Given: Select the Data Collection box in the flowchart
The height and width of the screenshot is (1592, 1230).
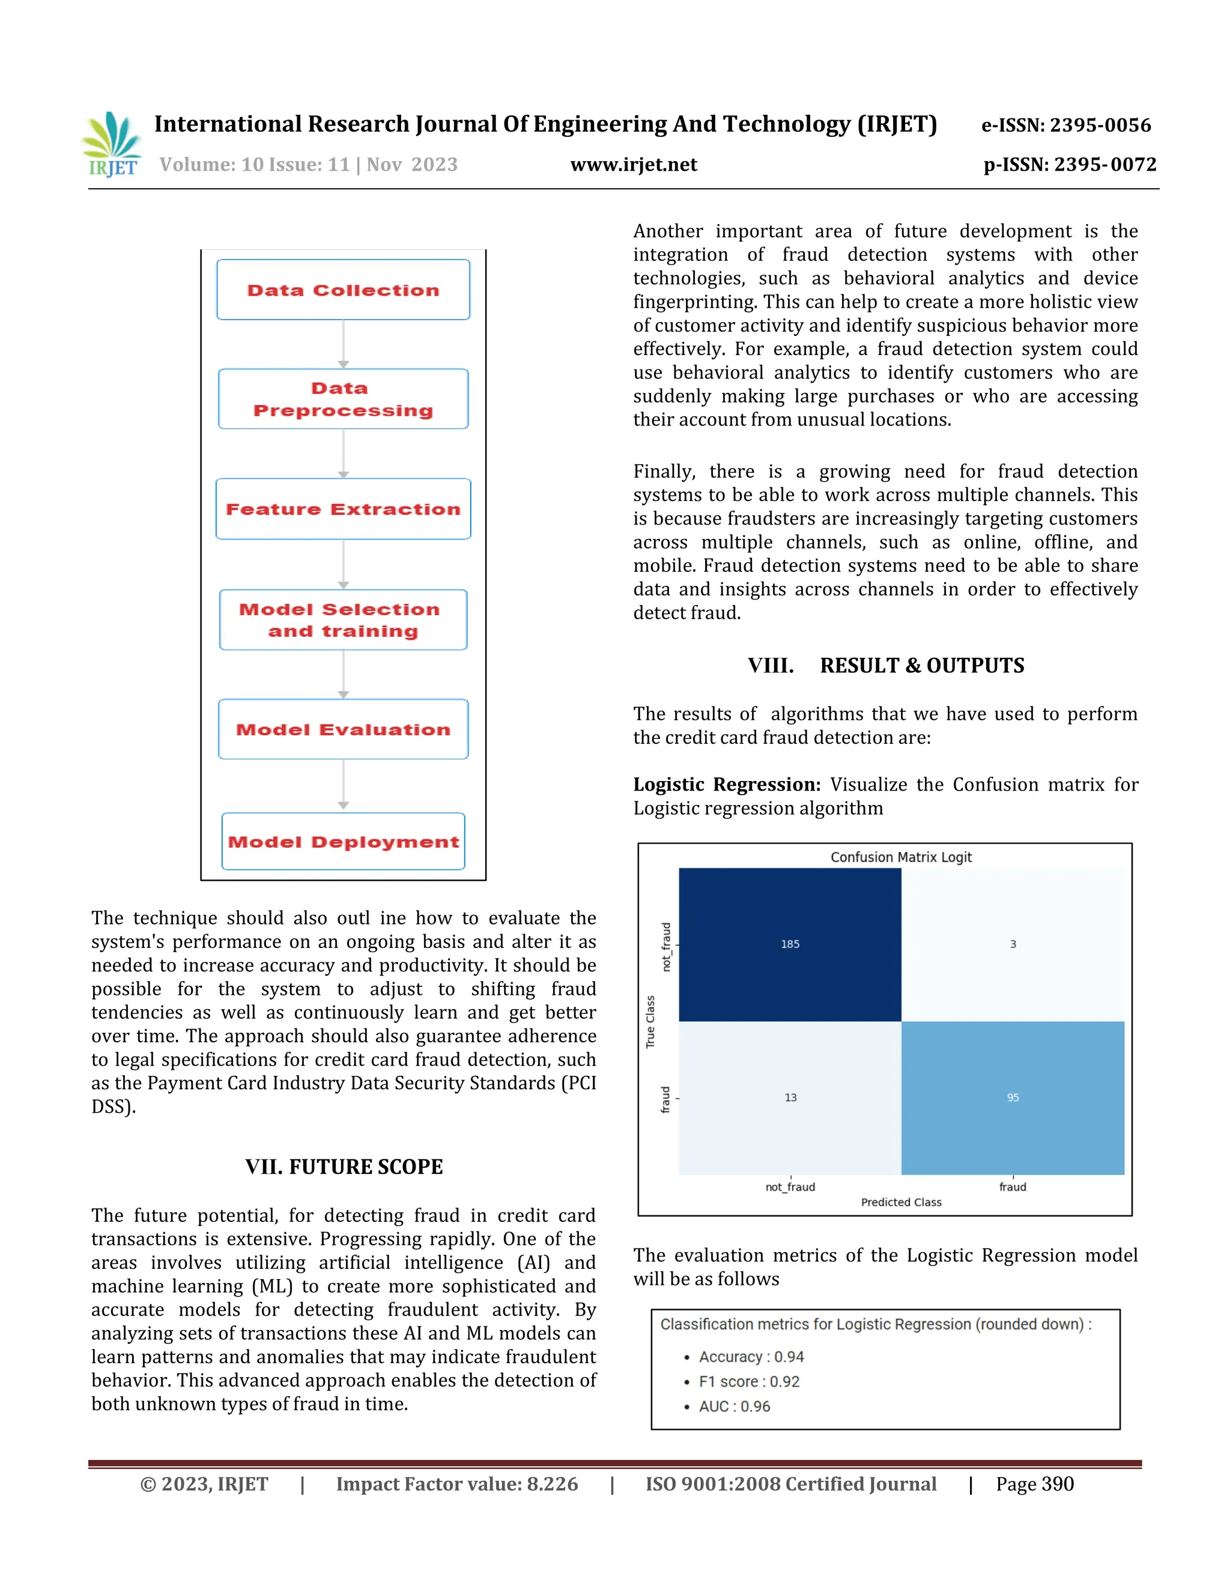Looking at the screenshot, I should (343, 290).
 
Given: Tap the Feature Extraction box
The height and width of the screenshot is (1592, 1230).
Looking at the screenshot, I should (343, 509).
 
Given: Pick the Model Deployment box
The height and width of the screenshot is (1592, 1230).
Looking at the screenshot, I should (343, 841).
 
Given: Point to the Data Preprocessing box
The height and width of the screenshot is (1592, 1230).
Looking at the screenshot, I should (343, 399).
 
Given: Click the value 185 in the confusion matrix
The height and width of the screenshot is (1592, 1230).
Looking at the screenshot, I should (790, 944).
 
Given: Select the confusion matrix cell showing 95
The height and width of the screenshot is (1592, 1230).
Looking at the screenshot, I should (1013, 1097).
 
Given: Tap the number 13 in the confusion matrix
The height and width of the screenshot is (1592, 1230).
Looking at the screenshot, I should (790, 1097).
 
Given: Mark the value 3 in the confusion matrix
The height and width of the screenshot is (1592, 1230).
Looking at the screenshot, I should (1013, 944).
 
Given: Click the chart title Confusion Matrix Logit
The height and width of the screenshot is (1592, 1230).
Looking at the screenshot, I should (901, 857).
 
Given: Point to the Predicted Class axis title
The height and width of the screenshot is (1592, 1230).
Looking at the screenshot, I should (901, 1202).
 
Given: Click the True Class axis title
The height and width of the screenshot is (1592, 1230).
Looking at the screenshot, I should (650, 1022).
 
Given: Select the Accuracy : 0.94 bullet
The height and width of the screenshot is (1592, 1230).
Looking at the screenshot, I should (751, 1357).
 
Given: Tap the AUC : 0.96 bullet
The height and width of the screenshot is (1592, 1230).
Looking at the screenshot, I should (734, 1406).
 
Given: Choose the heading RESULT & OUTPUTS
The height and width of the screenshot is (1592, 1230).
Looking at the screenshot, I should (922, 666).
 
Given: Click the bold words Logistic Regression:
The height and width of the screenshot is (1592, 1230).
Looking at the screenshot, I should (727, 785).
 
